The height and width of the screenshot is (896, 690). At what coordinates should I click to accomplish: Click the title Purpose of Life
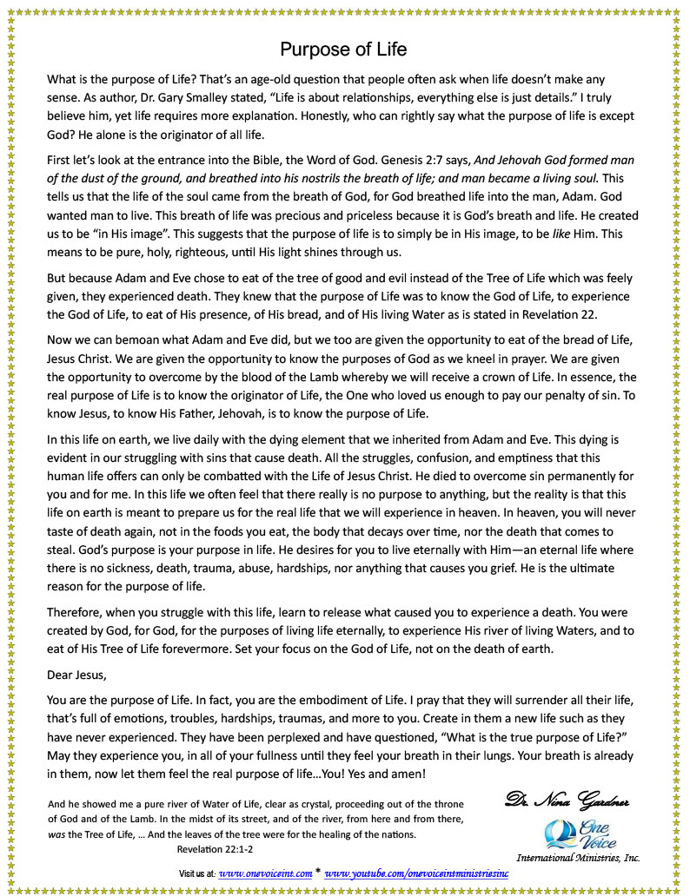coord(343,49)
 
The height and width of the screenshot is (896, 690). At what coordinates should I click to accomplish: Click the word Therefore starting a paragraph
coord(76,611)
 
